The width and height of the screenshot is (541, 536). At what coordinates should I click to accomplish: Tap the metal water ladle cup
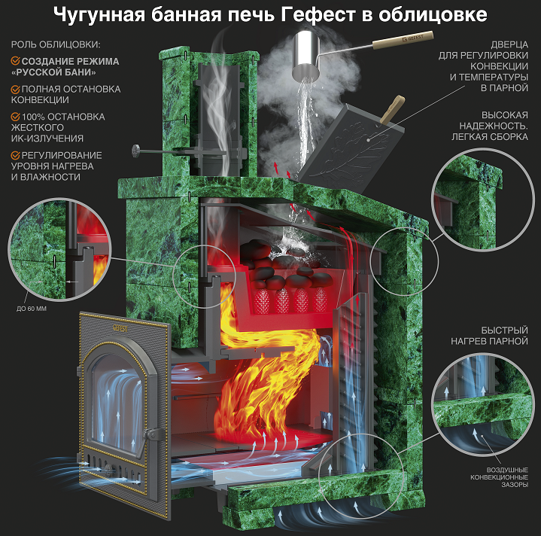tap(306, 55)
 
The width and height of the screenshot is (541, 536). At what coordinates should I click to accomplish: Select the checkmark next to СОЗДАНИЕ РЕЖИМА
tap(15, 61)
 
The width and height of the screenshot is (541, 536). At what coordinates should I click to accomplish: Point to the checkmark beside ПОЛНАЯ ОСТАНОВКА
tap(15, 90)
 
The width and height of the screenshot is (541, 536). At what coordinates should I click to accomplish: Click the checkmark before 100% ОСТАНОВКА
tap(15, 117)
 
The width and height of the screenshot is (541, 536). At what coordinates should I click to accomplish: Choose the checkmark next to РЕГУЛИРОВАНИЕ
tap(15, 155)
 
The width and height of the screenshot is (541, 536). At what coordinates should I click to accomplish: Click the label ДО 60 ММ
tap(32, 309)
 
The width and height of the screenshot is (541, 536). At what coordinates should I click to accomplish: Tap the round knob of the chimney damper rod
tap(136, 151)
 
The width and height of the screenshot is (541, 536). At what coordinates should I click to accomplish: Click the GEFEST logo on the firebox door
tap(120, 327)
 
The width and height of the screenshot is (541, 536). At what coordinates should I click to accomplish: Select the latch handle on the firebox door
tap(151, 434)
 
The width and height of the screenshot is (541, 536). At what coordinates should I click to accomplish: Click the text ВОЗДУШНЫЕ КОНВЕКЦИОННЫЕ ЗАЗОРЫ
tap(499, 477)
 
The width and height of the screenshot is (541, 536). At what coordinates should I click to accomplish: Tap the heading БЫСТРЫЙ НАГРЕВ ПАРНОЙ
tap(489, 336)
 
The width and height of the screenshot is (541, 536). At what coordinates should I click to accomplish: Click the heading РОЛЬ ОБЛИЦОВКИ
tap(56, 44)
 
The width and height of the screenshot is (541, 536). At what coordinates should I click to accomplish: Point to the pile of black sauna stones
tap(287, 264)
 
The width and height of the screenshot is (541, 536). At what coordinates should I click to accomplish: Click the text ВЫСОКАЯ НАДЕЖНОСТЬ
tap(494, 120)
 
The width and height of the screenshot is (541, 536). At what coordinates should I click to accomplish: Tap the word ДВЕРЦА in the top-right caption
tap(509, 44)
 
